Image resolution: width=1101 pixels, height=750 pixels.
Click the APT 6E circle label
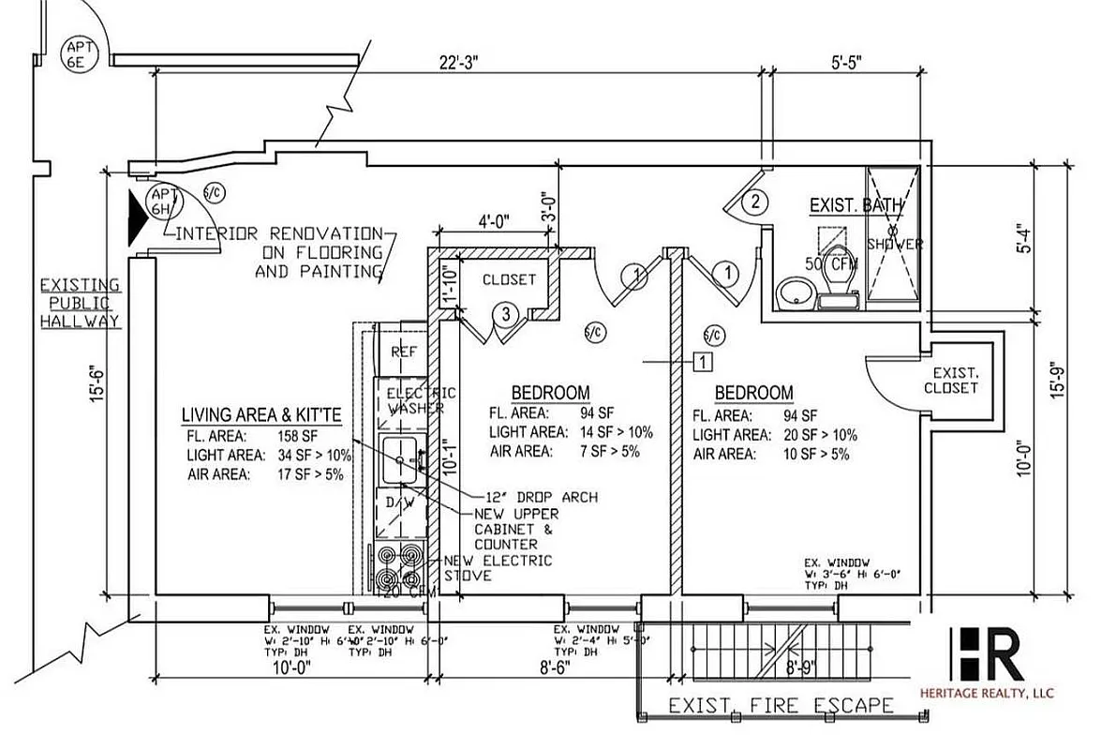pos(76,52)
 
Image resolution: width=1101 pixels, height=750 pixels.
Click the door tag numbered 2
pos(755,201)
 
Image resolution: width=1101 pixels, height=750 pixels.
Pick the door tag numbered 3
pos(505,315)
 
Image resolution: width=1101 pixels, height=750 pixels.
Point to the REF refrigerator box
pos(403,352)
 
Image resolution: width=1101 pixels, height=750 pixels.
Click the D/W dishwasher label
pos(400,504)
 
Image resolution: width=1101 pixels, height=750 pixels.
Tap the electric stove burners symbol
pos(400,562)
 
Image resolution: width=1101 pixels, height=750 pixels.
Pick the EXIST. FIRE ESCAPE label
pos(781,706)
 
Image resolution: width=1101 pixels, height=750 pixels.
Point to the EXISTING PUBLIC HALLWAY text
pos(80,303)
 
